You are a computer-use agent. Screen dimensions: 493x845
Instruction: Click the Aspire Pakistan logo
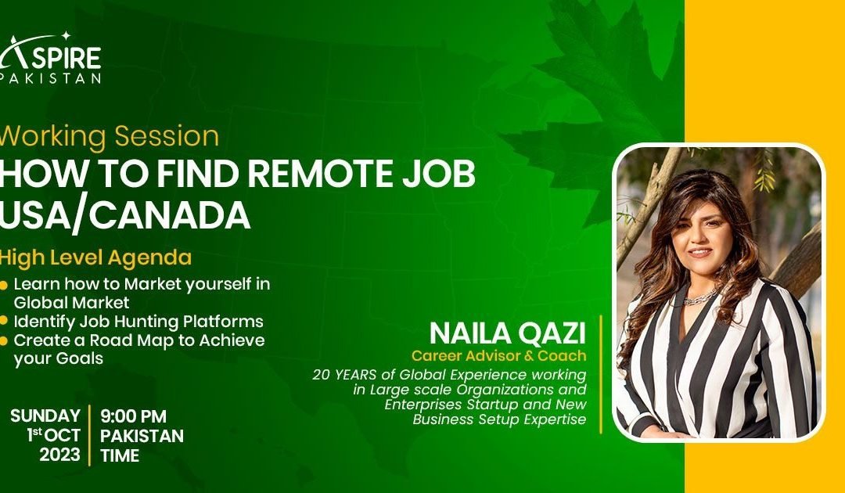click(x=50, y=59)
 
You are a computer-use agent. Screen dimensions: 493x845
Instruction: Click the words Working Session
click(x=109, y=136)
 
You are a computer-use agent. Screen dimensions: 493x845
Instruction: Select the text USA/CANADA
click(x=124, y=215)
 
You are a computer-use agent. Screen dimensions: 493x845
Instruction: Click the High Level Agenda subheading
click(x=95, y=257)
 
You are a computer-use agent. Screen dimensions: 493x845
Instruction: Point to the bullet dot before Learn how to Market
click(x=5, y=284)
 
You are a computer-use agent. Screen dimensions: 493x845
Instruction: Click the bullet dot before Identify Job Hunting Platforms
click(x=5, y=322)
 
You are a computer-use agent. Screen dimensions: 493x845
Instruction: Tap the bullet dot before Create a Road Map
click(x=5, y=340)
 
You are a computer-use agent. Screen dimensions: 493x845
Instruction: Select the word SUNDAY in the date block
click(x=45, y=416)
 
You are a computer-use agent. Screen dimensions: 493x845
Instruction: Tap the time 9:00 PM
click(x=133, y=416)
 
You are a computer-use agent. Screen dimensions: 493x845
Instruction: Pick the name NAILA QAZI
click(x=507, y=333)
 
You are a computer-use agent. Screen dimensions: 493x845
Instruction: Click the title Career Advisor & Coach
click(x=498, y=356)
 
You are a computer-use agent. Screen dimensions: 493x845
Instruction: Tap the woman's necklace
click(x=699, y=298)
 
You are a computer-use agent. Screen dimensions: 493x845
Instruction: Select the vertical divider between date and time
click(x=89, y=435)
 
